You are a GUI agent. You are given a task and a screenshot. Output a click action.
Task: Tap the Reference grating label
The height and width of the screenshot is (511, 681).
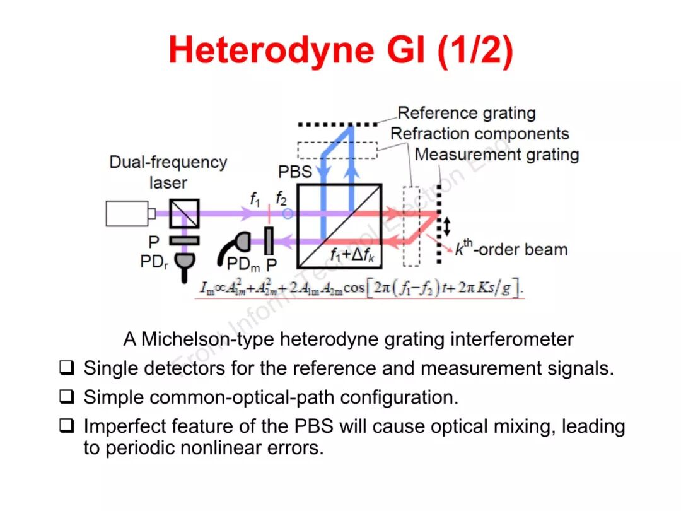pos(467,114)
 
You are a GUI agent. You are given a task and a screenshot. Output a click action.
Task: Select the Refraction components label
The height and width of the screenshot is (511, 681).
pos(479,134)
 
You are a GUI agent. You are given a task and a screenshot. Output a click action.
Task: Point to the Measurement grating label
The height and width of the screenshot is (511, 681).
pos(496,155)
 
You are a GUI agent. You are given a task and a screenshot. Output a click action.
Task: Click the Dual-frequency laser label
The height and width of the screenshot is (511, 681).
pos(168,172)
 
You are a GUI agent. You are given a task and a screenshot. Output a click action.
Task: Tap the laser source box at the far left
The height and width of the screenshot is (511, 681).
pos(128,213)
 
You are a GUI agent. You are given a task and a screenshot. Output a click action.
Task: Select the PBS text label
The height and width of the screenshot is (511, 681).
pos(295,172)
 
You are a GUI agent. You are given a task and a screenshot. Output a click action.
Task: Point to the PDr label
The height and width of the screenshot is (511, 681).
pos(153,261)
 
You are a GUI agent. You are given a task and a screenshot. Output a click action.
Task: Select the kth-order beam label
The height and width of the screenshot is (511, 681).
pos(511,249)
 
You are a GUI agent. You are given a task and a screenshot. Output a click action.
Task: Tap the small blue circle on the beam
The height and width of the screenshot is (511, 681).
pos(287,214)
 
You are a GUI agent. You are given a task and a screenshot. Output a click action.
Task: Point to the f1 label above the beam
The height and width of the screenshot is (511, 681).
pos(255,199)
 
